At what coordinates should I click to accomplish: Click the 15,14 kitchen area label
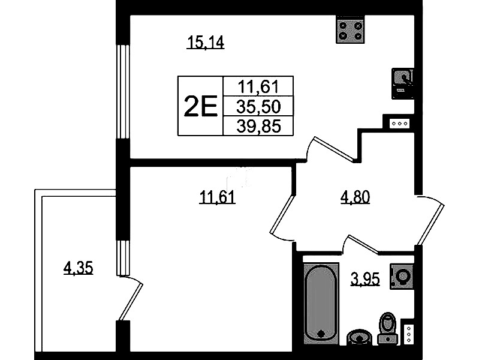pyautogui.click(x=206, y=42)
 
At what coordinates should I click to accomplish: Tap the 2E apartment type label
pyautogui.click(x=200, y=106)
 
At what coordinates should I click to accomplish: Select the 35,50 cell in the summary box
pyautogui.click(x=258, y=106)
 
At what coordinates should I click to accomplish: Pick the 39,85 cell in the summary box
pyautogui.click(x=258, y=126)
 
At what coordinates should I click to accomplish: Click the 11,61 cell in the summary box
pyautogui.click(x=258, y=86)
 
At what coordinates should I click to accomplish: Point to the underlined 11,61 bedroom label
pyautogui.click(x=217, y=197)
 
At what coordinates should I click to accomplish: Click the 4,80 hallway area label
pyautogui.click(x=355, y=197)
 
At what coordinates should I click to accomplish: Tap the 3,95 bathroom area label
pyautogui.click(x=365, y=279)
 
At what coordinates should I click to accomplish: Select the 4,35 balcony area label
pyautogui.click(x=78, y=268)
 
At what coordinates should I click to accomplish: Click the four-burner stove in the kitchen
pyautogui.click(x=350, y=29)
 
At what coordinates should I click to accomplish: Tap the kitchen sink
pyautogui.click(x=403, y=83)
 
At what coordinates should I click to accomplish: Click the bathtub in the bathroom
pyautogui.click(x=321, y=303)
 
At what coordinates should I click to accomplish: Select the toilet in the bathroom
pyautogui.click(x=387, y=328)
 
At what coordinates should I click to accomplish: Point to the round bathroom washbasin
pyautogui.click(x=360, y=337)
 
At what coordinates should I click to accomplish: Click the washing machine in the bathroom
pyautogui.click(x=402, y=277)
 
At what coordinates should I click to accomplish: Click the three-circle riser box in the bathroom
pyautogui.click(x=409, y=334)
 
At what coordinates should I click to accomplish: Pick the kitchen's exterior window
pyautogui.click(x=123, y=92)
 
